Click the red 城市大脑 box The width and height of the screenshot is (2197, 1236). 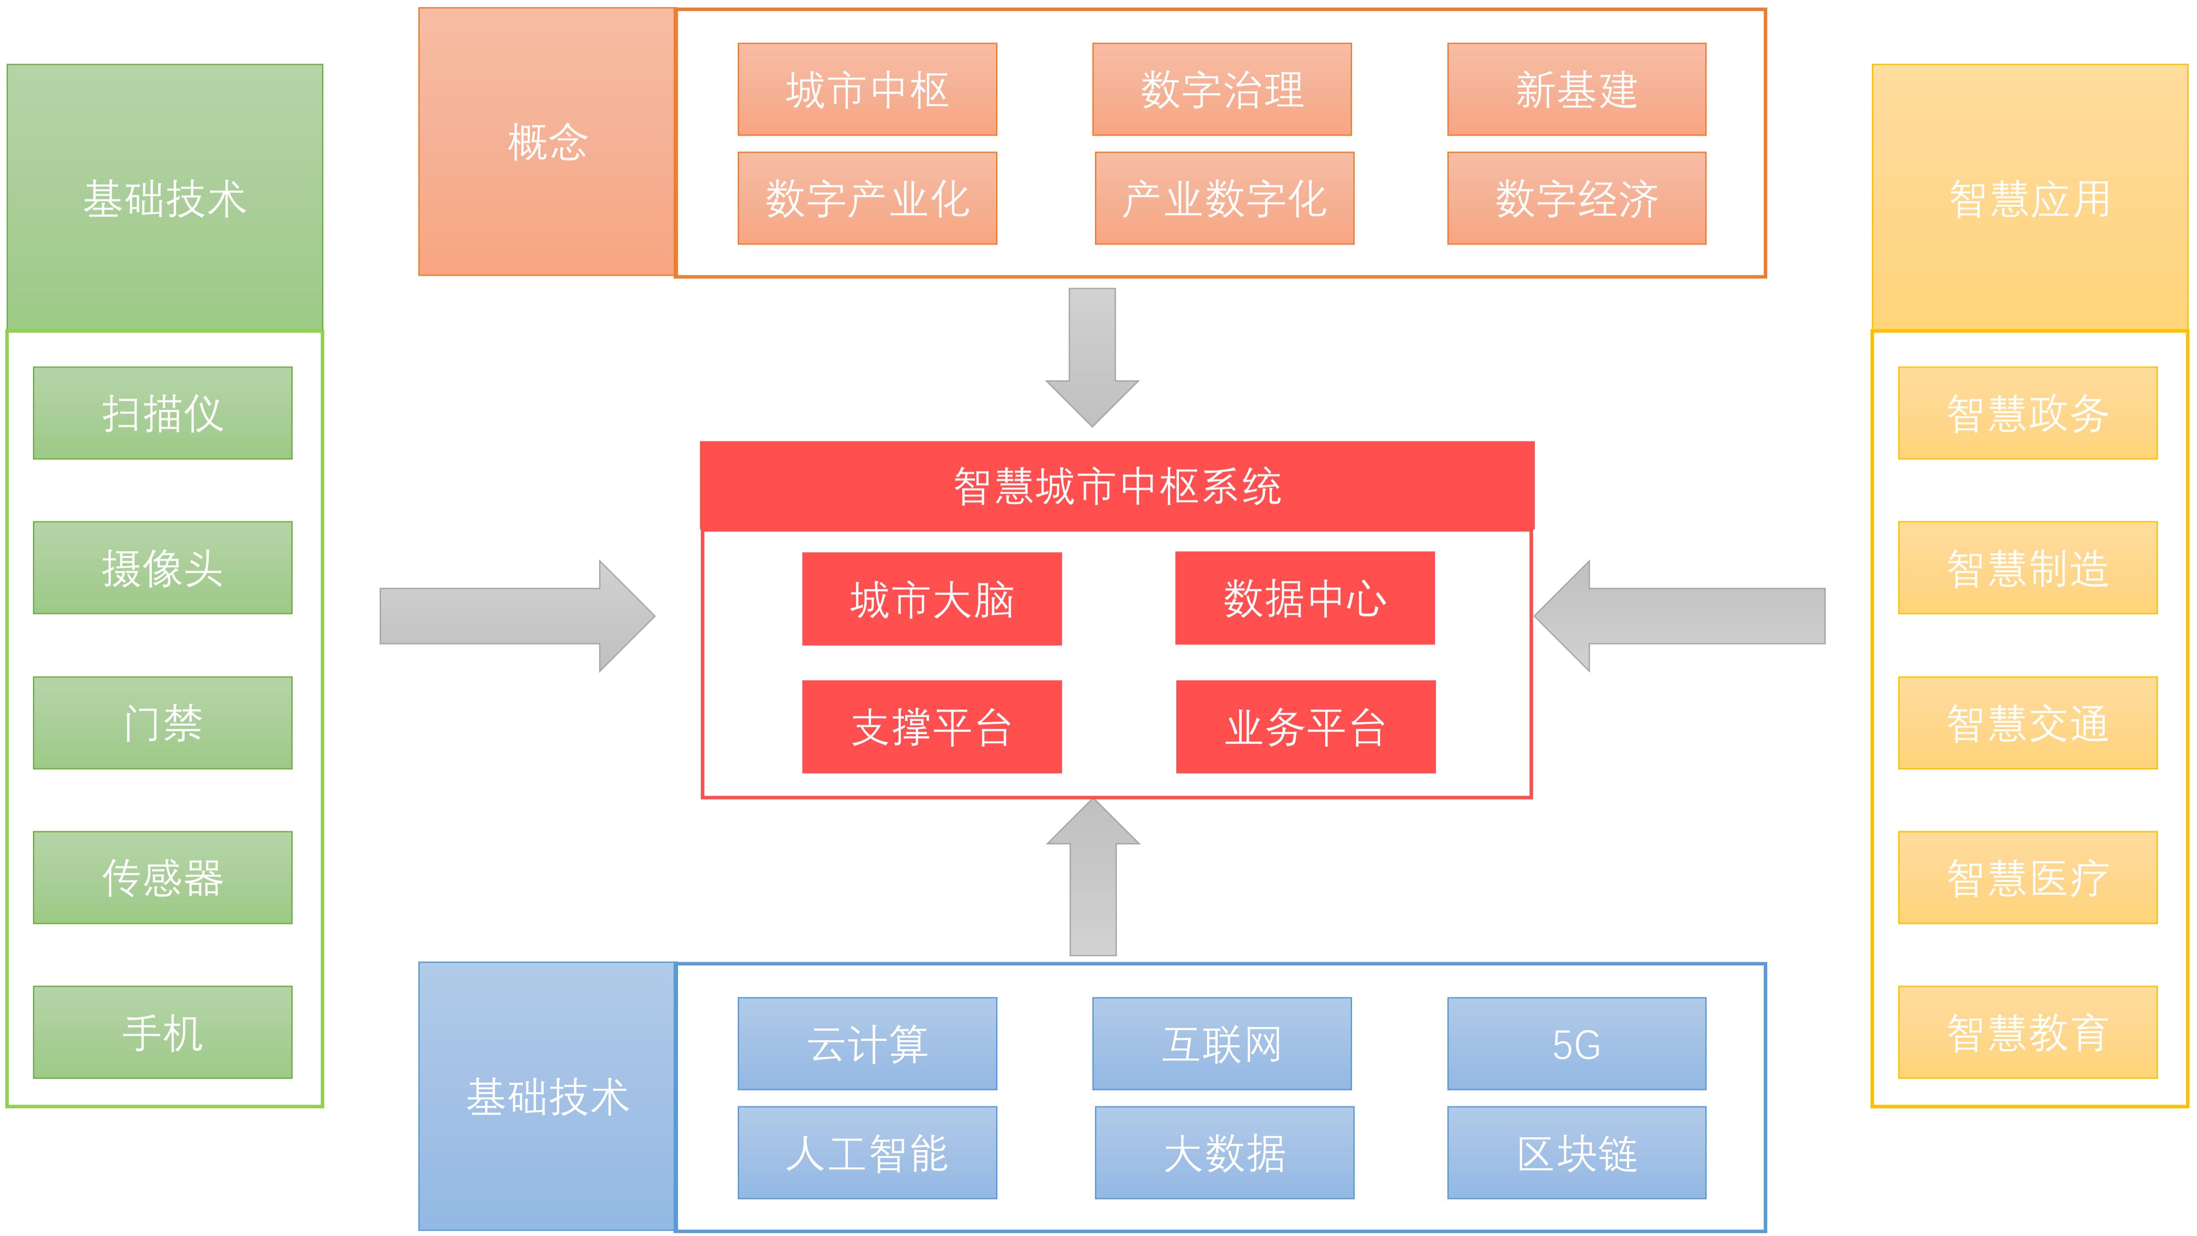click(932, 599)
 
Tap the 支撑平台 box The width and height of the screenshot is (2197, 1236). click(932, 727)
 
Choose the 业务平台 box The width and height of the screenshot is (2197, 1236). click(1305, 727)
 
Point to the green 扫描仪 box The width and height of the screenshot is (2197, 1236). click(162, 413)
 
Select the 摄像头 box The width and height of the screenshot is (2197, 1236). click(162, 567)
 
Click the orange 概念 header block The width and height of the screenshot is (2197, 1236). click(547, 142)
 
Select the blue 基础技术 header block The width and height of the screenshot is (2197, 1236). click(547, 1096)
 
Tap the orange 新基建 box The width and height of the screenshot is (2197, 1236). click(1576, 90)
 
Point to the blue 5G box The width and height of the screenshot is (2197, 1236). click(1576, 1043)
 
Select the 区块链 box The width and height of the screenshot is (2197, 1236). click(1576, 1152)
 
